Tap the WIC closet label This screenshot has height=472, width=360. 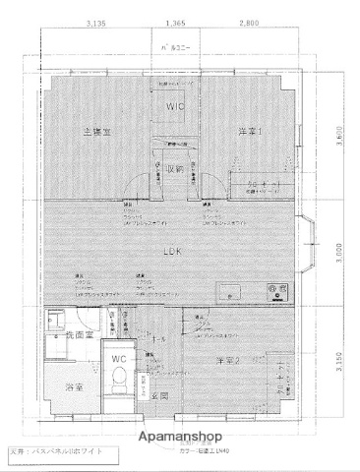(176, 106)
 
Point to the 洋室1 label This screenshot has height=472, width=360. (248, 131)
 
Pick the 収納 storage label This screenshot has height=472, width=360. (174, 168)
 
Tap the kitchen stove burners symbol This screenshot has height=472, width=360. (276, 290)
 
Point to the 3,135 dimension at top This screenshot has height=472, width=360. (95, 22)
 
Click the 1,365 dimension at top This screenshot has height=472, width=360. (176, 22)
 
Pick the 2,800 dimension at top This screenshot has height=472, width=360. (247, 22)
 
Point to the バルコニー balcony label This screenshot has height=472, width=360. (176, 47)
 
